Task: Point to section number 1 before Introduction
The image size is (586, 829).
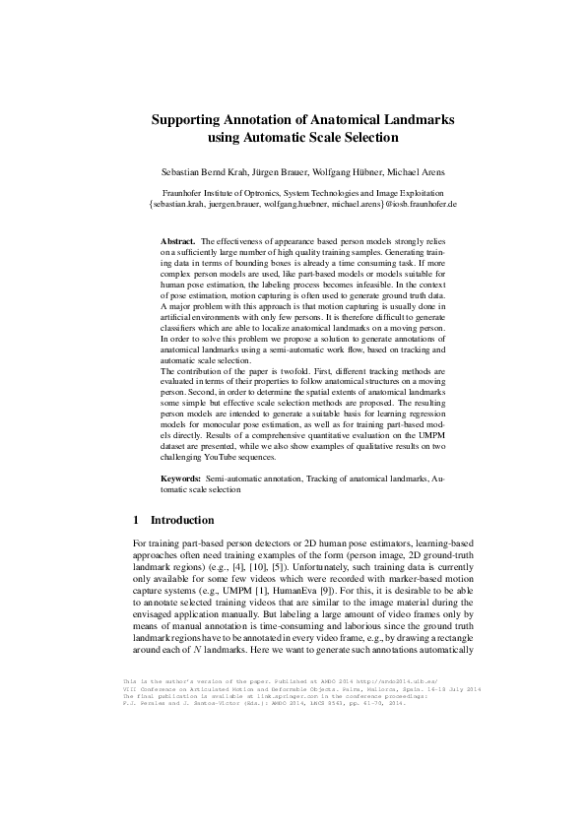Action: pos(135,519)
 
